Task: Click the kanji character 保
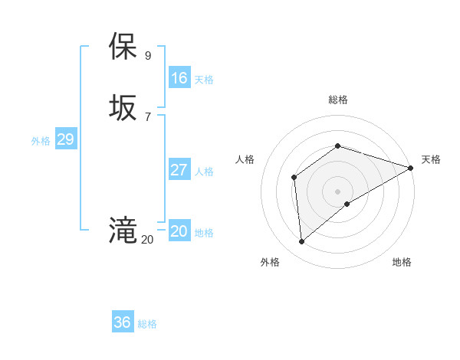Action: (123, 47)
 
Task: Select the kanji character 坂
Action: (123, 108)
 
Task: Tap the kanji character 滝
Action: (123, 230)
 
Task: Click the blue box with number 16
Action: (179, 78)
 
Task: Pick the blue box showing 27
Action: (179, 170)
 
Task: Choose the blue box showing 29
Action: (65, 139)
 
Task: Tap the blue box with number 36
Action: (123, 322)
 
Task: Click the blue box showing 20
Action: (179, 231)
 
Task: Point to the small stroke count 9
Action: (148, 56)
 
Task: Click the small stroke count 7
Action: (148, 117)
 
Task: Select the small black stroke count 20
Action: (147, 240)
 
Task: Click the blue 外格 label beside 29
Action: (41, 141)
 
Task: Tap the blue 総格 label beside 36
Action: (147, 324)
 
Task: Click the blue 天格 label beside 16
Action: (204, 80)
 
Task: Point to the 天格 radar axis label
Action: (431, 159)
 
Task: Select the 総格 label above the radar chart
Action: (338, 100)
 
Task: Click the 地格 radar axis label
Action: (402, 262)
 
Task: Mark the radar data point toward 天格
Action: (410, 168)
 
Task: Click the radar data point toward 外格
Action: (302, 241)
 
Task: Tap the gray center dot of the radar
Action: (338, 191)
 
